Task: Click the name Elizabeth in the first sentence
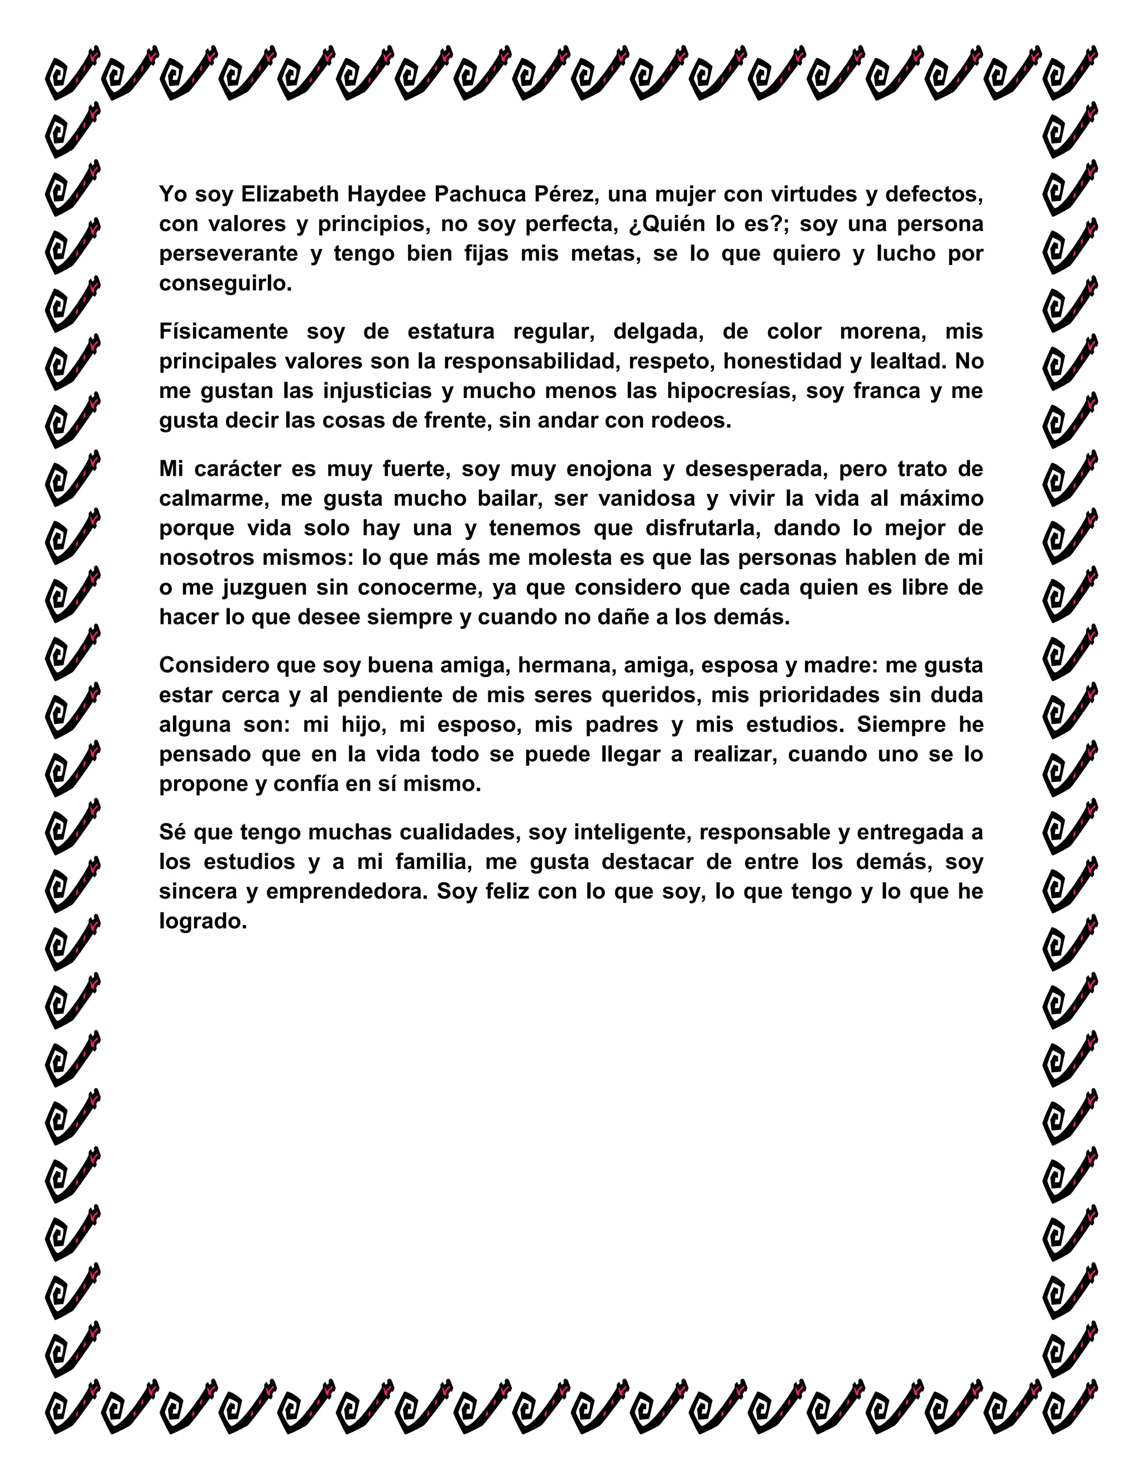[x=290, y=194]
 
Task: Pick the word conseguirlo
[x=224, y=284]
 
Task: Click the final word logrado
[x=203, y=921]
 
